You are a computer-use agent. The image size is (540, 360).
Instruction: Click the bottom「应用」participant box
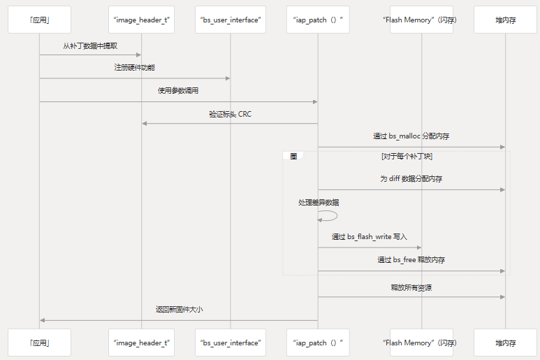pos(39,343)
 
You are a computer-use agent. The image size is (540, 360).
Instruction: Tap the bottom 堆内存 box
pos(505,343)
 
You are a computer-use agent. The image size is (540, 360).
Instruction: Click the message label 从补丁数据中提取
pos(90,46)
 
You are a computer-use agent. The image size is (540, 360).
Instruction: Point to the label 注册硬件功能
pos(135,68)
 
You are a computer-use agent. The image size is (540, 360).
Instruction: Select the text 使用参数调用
pos(178,91)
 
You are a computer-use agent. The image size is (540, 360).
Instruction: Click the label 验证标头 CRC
pos(230,113)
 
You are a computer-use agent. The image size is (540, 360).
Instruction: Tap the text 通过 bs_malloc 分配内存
pos(411,136)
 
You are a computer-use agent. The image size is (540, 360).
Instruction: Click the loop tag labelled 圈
pos(293,157)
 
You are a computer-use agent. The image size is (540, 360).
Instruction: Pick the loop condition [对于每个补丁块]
pos(411,157)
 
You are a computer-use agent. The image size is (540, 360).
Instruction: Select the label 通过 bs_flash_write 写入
pos(369,237)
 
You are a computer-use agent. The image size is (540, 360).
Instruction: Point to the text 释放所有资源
pos(411,287)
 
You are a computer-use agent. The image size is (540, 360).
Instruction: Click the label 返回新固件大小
pos(179,310)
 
